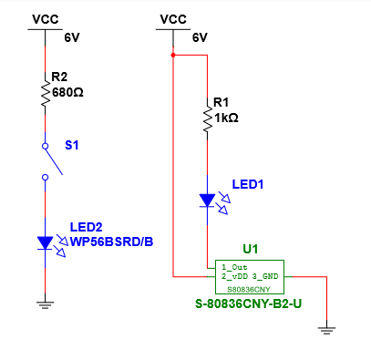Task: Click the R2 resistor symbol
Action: point(44,93)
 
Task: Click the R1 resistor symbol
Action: point(207,119)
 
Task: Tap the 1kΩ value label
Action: point(226,118)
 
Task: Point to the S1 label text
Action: point(71,145)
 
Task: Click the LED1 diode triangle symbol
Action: point(207,200)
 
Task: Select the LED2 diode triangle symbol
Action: point(44,242)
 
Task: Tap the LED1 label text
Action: point(247,184)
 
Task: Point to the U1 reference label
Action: point(250,248)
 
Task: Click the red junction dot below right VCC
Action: point(172,54)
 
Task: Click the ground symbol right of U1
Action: point(327,331)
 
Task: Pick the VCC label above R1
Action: point(173,18)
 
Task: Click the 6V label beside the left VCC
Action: point(72,38)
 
